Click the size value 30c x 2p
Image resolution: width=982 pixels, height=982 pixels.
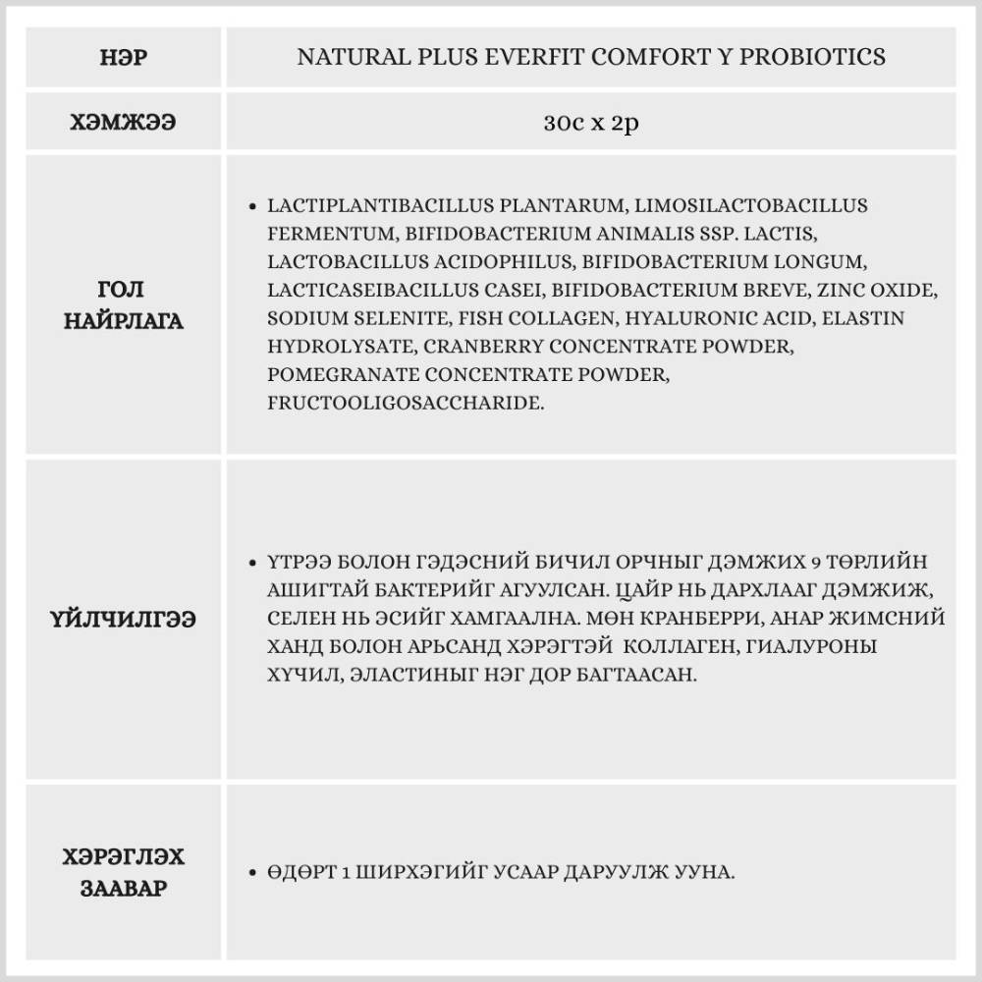pyautogui.click(x=590, y=124)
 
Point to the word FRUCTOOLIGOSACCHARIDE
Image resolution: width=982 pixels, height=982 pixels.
pyautogui.click(x=406, y=404)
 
